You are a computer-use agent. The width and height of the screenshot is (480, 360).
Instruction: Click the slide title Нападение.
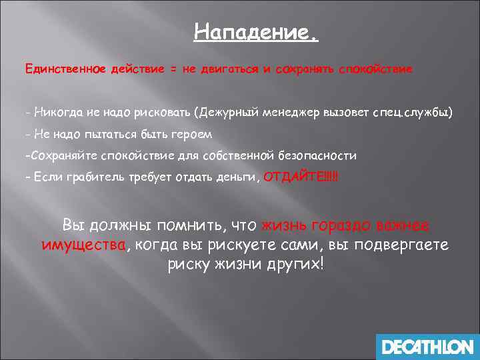[256, 32]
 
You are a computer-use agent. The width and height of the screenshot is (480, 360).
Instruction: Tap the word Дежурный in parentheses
[219, 113]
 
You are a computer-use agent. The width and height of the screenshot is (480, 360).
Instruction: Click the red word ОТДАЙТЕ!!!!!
[301, 177]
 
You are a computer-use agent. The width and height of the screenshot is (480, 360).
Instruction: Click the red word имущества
[83, 245]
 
